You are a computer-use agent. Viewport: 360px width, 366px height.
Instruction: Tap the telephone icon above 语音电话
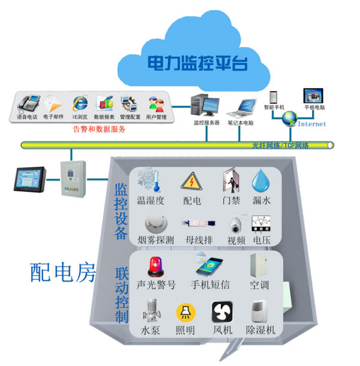(28, 102)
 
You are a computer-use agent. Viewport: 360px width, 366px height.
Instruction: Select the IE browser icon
(80, 103)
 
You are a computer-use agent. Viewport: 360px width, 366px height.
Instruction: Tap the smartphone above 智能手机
(274, 98)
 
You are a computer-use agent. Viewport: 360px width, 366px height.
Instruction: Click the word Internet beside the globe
(312, 124)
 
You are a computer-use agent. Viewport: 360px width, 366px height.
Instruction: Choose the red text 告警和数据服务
(100, 128)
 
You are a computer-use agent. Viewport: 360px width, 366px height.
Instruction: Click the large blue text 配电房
(63, 273)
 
